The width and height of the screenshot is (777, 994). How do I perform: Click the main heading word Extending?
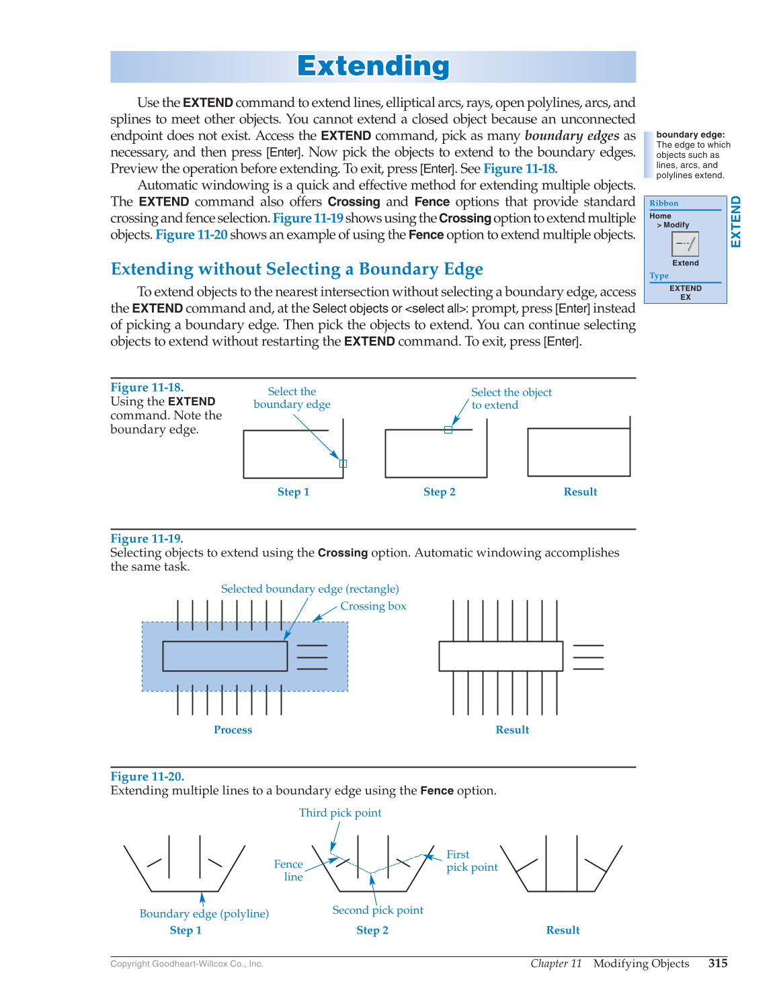click(x=373, y=67)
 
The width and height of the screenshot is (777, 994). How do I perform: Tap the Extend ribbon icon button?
click(x=685, y=244)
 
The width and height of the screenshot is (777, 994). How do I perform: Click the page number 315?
click(x=717, y=963)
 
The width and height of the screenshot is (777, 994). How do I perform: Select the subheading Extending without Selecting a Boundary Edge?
click(x=296, y=269)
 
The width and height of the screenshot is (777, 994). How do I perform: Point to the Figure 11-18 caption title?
click(x=147, y=387)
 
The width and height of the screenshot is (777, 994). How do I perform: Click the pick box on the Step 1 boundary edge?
click(x=343, y=464)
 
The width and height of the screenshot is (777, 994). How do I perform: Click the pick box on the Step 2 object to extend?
click(x=448, y=429)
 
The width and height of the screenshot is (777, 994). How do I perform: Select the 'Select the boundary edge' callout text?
click(x=292, y=398)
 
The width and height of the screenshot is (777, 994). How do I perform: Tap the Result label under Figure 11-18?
click(x=580, y=492)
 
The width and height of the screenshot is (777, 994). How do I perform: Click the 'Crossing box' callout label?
click(x=373, y=606)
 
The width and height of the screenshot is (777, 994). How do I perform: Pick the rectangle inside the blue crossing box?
click(x=224, y=656)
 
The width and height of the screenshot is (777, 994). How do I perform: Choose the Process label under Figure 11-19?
click(x=233, y=730)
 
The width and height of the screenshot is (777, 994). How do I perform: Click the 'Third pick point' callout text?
click(x=340, y=813)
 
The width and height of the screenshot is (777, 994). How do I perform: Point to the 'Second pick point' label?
click(x=378, y=910)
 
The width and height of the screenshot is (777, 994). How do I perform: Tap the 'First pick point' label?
click(x=471, y=861)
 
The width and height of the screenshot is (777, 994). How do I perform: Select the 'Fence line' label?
click(x=289, y=870)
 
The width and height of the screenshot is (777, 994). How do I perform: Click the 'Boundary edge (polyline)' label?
click(x=204, y=913)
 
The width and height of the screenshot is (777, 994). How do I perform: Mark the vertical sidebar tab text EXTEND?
click(x=736, y=222)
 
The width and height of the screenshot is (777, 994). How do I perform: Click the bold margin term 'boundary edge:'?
click(x=690, y=135)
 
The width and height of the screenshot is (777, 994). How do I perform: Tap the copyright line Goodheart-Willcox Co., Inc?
click(x=187, y=964)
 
